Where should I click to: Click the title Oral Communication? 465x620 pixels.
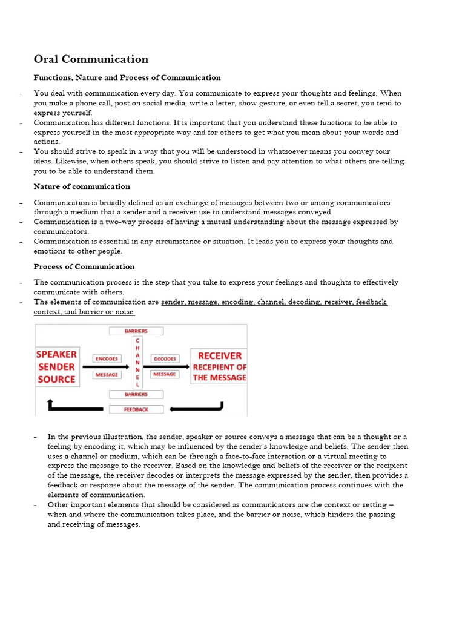click(x=91, y=59)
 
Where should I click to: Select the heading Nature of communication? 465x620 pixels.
click(x=82, y=186)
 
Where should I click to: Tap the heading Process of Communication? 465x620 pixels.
click(x=84, y=266)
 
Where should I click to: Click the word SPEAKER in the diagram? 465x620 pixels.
click(x=57, y=354)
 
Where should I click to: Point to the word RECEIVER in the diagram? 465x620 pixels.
click(x=219, y=355)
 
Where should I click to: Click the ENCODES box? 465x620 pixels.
click(x=107, y=358)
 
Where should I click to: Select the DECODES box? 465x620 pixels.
click(x=164, y=358)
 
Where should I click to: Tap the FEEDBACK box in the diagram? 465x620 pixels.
click(x=136, y=409)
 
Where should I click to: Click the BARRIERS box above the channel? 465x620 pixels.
click(x=136, y=331)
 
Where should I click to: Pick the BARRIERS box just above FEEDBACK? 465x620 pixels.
click(x=136, y=394)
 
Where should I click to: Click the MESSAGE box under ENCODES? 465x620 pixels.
click(x=107, y=375)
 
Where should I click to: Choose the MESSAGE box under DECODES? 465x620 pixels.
click(x=164, y=374)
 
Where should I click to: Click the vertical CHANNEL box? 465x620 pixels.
click(x=137, y=363)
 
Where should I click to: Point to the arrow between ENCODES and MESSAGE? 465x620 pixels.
click(x=106, y=367)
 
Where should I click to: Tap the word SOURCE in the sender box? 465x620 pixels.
click(x=57, y=379)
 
